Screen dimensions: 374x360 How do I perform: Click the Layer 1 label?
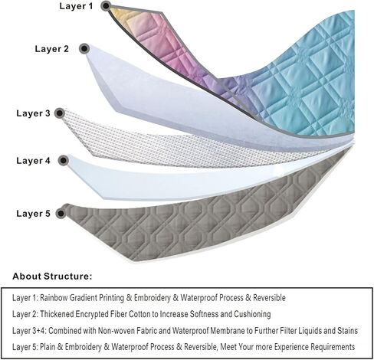pyautogui.click(x=76, y=6)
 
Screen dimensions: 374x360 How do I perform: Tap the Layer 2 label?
pyautogui.click(x=52, y=49)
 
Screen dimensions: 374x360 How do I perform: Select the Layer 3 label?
pyautogui.click(x=33, y=113)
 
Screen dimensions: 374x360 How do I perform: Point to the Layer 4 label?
pyautogui.click(x=33, y=161)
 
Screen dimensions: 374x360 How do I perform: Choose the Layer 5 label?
pyautogui.click(x=33, y=214)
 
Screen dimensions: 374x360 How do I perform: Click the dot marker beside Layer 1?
pyautogui.click(x=106, y=6)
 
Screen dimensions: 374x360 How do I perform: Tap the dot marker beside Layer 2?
pyautogui.click(x=84, y=48)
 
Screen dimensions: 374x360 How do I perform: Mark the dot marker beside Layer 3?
pyautogui.click(x=60, y=113)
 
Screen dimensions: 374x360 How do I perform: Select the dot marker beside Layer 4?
pyautogui.click(x=64, y=161)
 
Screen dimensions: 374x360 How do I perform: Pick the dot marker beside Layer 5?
pyautogui.click(x=61, y=214)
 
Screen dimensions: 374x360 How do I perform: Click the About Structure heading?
pyautogui.click(x=52, y=277)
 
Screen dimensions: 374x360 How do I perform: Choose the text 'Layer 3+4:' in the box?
pyautogui.click(x=29, y=331)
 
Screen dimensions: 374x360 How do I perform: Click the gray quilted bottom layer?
pyautogui.click(x=194, y=224)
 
